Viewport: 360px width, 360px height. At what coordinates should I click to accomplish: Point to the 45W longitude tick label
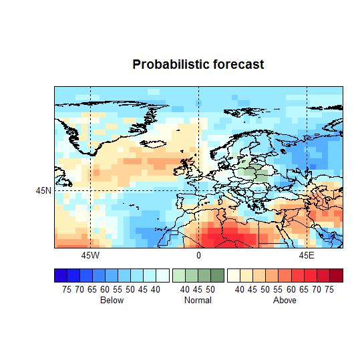90,255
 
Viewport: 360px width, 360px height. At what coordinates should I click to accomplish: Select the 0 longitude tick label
198,255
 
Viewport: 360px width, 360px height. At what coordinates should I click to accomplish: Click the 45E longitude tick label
307,255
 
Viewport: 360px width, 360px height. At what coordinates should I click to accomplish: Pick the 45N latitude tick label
43,190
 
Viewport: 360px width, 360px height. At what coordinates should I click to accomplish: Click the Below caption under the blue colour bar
112,301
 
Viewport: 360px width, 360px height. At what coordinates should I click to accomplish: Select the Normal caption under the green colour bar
198,301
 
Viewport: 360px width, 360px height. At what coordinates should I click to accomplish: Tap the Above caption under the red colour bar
285,301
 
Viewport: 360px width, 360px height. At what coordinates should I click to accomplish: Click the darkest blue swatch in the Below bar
61,275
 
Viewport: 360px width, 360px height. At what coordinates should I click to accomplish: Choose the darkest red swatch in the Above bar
336,275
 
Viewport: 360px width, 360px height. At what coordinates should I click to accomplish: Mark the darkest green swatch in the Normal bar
217,275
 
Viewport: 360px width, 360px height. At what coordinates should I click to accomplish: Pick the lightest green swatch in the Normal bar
179,275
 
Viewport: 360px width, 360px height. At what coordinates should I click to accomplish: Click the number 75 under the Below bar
67,289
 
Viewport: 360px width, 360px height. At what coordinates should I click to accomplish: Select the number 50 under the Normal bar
210,289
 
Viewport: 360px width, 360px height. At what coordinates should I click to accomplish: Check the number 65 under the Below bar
92,289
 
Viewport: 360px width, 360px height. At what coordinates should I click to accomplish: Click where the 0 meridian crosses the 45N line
198,190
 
